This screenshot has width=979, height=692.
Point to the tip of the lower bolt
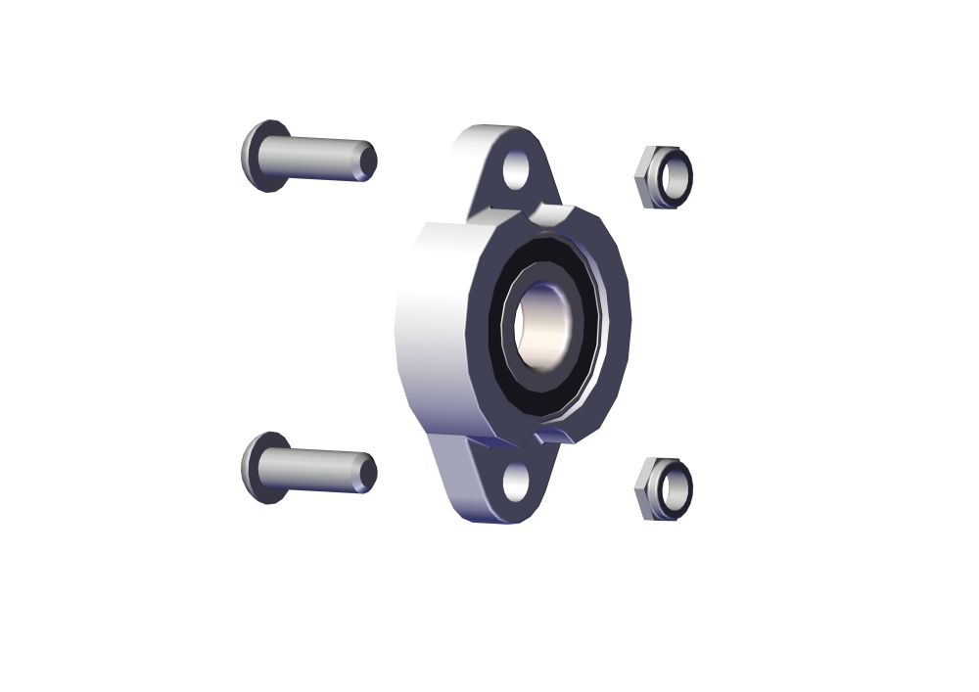click(x=368, y=473)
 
